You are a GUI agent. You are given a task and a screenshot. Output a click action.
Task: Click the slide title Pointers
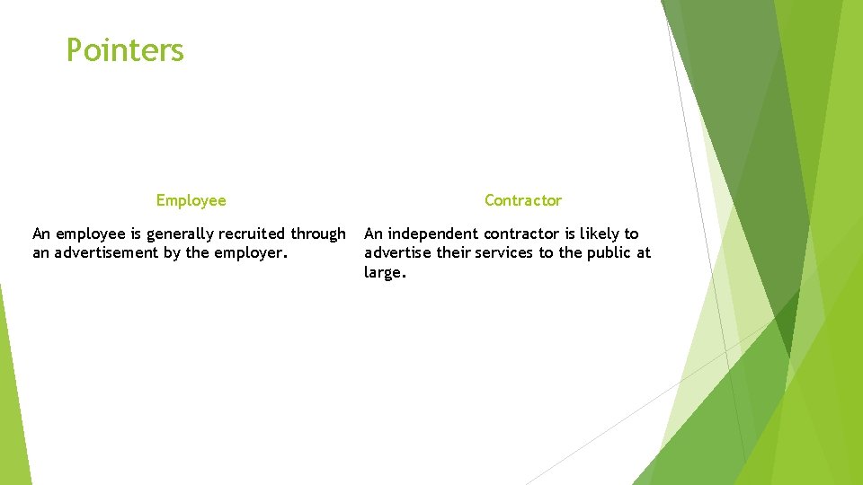pos(125,50)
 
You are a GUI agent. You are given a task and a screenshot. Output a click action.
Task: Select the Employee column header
pos(191,200)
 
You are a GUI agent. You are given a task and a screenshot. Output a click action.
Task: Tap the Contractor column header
pos(522,200)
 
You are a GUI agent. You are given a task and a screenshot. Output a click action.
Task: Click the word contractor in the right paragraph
pos(522,234)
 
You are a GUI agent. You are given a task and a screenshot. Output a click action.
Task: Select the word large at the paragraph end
pos(384,273)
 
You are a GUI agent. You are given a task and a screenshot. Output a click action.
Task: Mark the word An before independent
pos(374,234)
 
